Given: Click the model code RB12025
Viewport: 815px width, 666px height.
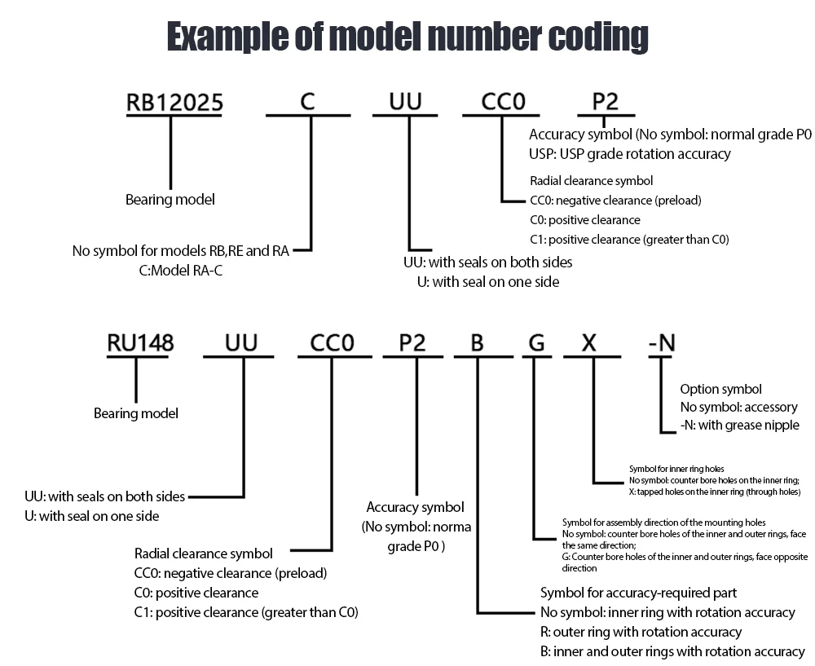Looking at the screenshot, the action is (174, 103).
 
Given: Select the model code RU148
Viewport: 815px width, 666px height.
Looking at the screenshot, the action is (140, 343).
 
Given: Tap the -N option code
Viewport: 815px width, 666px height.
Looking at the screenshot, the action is (662, 343).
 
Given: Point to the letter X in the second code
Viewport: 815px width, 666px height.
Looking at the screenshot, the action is (589, 343).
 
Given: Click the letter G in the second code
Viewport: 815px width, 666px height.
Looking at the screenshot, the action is (535, 343).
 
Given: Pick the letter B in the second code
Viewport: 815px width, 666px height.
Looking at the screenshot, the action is (478, 343).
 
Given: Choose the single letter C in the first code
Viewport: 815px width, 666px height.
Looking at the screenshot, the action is (307, 103).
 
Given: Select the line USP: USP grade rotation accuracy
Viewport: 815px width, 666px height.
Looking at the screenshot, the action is (630, 153).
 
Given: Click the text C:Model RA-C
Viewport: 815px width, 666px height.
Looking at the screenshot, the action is (181, 271).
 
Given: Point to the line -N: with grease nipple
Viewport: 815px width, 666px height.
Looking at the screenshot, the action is (739, 426).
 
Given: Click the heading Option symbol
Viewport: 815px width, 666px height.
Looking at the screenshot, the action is (721, 389).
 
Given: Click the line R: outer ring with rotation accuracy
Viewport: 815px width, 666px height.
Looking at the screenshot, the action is (641, 632).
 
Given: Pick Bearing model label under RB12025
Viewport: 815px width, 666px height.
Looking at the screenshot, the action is (170, 199).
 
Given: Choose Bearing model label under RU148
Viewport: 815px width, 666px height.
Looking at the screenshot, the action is (136, 413).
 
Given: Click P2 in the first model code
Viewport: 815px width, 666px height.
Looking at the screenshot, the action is (605, 103).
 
